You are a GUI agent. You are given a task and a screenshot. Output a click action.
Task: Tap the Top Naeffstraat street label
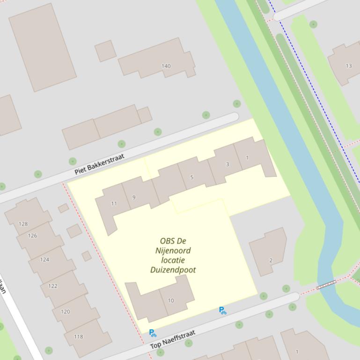pos(173,339)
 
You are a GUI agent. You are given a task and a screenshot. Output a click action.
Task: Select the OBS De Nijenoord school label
pos(173,255)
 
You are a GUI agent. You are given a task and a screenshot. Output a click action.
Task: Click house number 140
pos(166,66)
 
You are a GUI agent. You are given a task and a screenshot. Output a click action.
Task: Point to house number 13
pos(348,66)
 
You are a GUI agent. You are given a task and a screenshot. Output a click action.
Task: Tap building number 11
pos(114,203)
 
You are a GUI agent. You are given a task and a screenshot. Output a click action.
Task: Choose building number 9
pos(134,197)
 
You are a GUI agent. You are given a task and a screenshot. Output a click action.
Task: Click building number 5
pos(192,177)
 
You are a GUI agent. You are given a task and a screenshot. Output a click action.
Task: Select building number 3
pos(228,164)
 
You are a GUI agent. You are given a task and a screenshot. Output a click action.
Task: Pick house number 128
pos(23,224)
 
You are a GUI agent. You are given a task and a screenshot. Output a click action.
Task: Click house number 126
pos(32,236)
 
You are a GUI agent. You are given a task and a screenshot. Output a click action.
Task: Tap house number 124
pos(44,259)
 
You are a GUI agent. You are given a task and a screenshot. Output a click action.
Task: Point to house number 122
pos(53,286)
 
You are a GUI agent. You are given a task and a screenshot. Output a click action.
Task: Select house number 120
pos(65,311)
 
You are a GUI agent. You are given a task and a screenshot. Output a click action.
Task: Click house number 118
pos(78,336)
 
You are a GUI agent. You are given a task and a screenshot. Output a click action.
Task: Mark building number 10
pos(171,301)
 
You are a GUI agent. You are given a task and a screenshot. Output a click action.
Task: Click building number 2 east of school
pos(271,260)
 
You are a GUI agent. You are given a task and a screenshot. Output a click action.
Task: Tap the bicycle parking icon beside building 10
pos(153,333)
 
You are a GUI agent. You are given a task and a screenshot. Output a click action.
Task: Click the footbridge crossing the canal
pos(326,284)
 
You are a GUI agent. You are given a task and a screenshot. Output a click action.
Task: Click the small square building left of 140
pos(105,50)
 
